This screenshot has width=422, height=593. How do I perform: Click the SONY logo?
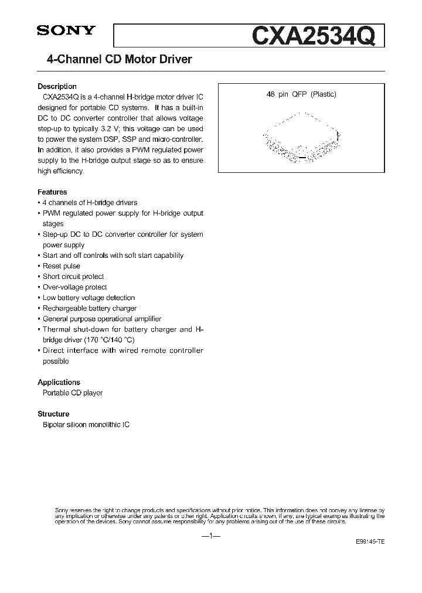(66, 32)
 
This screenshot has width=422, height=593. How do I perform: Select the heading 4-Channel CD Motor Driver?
(119, 60)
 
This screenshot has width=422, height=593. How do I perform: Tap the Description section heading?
(57, 86)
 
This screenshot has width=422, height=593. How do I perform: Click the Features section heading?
(52, 192)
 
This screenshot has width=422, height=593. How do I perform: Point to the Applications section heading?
(59, 382)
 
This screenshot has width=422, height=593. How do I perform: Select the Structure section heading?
(53, 414)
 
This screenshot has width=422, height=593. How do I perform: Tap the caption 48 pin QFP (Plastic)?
(301, 94)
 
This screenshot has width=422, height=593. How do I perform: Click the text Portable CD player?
(73, 393)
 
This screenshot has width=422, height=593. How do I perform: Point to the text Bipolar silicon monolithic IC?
(86, 424)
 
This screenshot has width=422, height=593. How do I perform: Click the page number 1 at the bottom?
(210, 536)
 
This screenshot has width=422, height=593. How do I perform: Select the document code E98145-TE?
(370, 543)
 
